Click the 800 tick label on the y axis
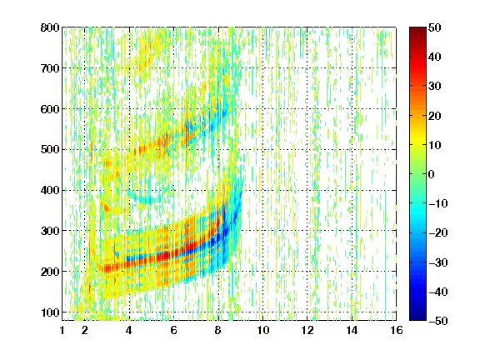tap(50, 27)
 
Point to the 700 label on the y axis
tap(50, 68)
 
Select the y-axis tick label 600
tap(50, 109)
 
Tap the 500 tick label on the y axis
tap(50, 150)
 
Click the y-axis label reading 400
tap(50, 190)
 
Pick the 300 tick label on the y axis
tap(50, 231)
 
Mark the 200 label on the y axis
tap(50, 272)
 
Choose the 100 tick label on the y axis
tap(50, 312)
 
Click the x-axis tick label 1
tap(62, 330)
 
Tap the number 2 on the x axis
tap(85, 330)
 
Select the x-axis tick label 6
tap(173, 330)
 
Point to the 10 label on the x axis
tap(262, 330)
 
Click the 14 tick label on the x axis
tap(352, 330)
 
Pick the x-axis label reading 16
tap(397, 330)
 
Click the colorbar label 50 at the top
tap(435, 27)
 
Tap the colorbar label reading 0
tap(432, 174)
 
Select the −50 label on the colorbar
tap(438, 321)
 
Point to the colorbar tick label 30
tap(435, 86)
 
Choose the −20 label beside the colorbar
tap(438, 232)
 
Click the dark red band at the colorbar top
tap(417, 33)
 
